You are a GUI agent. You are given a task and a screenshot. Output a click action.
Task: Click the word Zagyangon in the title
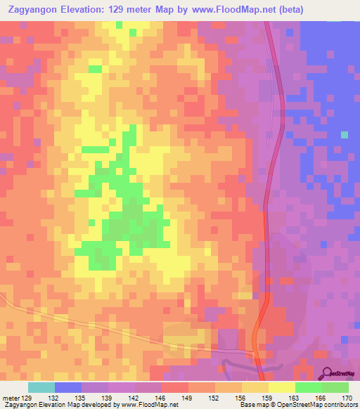point(35,10)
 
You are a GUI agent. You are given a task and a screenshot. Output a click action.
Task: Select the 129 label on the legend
point(27,398)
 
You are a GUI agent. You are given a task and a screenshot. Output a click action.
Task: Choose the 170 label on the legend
point(347,398)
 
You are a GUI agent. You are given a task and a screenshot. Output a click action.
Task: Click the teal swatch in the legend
point(41,387)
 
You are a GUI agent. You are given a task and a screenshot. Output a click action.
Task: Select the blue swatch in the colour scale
point(68,387)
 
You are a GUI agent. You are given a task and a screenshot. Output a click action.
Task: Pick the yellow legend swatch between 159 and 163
point(281,387)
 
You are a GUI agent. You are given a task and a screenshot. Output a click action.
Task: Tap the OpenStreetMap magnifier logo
point(328,373)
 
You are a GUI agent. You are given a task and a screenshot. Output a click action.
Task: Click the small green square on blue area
point(344,134)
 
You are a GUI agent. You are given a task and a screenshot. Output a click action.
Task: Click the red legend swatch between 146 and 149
point(175,387)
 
